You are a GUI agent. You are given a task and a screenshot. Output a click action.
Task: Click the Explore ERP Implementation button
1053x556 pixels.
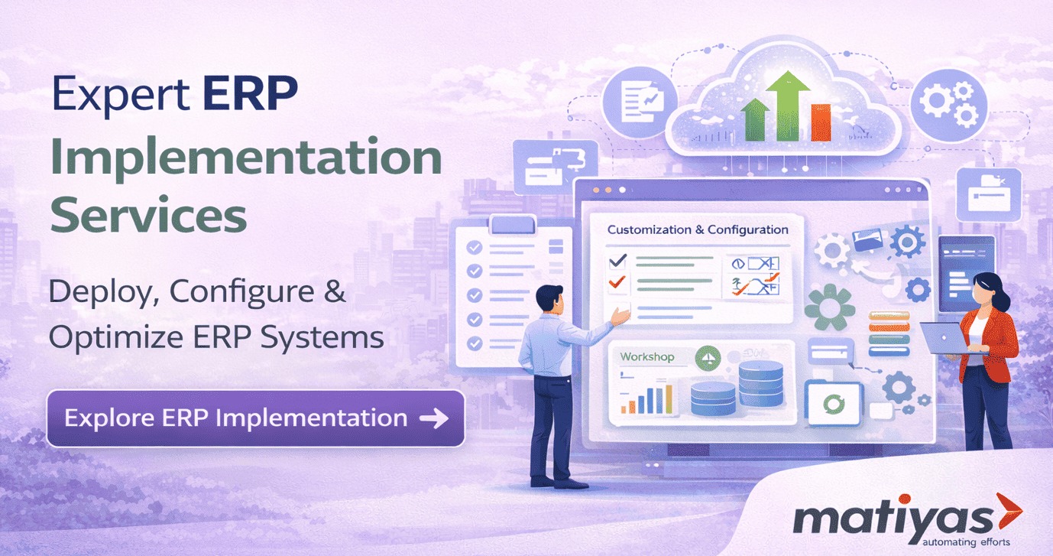[256, 418]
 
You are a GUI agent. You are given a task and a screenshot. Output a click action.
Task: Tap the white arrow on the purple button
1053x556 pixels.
[434, 418]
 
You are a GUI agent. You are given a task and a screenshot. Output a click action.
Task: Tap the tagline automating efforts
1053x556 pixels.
[966, 542]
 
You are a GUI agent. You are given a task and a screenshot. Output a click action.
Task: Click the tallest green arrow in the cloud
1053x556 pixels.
[789, 106]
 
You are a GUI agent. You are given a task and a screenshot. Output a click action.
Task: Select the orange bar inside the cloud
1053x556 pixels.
[820, 122]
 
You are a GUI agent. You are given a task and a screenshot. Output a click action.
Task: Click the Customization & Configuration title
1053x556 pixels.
[698, 229]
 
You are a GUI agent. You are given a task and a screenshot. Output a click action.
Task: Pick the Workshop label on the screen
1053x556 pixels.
[646, 357]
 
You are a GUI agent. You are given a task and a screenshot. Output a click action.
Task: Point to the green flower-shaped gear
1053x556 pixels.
[830, 307]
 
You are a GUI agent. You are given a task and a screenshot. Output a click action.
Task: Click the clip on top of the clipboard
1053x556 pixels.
[513, 224]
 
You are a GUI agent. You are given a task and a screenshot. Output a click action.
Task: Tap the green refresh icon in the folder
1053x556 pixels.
[834, 404]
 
